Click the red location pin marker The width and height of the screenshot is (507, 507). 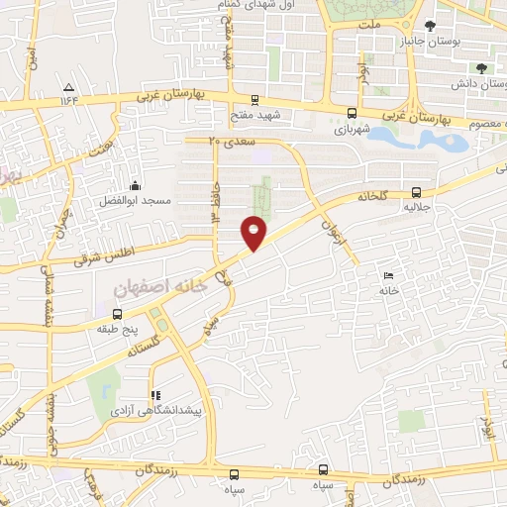click(253, 232)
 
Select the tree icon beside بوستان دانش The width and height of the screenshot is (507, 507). click(481, 68)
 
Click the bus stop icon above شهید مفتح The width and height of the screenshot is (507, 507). click(255, 99)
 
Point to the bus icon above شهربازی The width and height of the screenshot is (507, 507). click(352, 114)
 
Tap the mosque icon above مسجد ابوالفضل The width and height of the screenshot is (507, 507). click(135, 185)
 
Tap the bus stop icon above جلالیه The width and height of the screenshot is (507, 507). click(415, 193)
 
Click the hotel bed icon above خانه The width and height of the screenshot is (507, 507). click(387, 276)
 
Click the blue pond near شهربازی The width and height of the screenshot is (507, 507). click(416, 139)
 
